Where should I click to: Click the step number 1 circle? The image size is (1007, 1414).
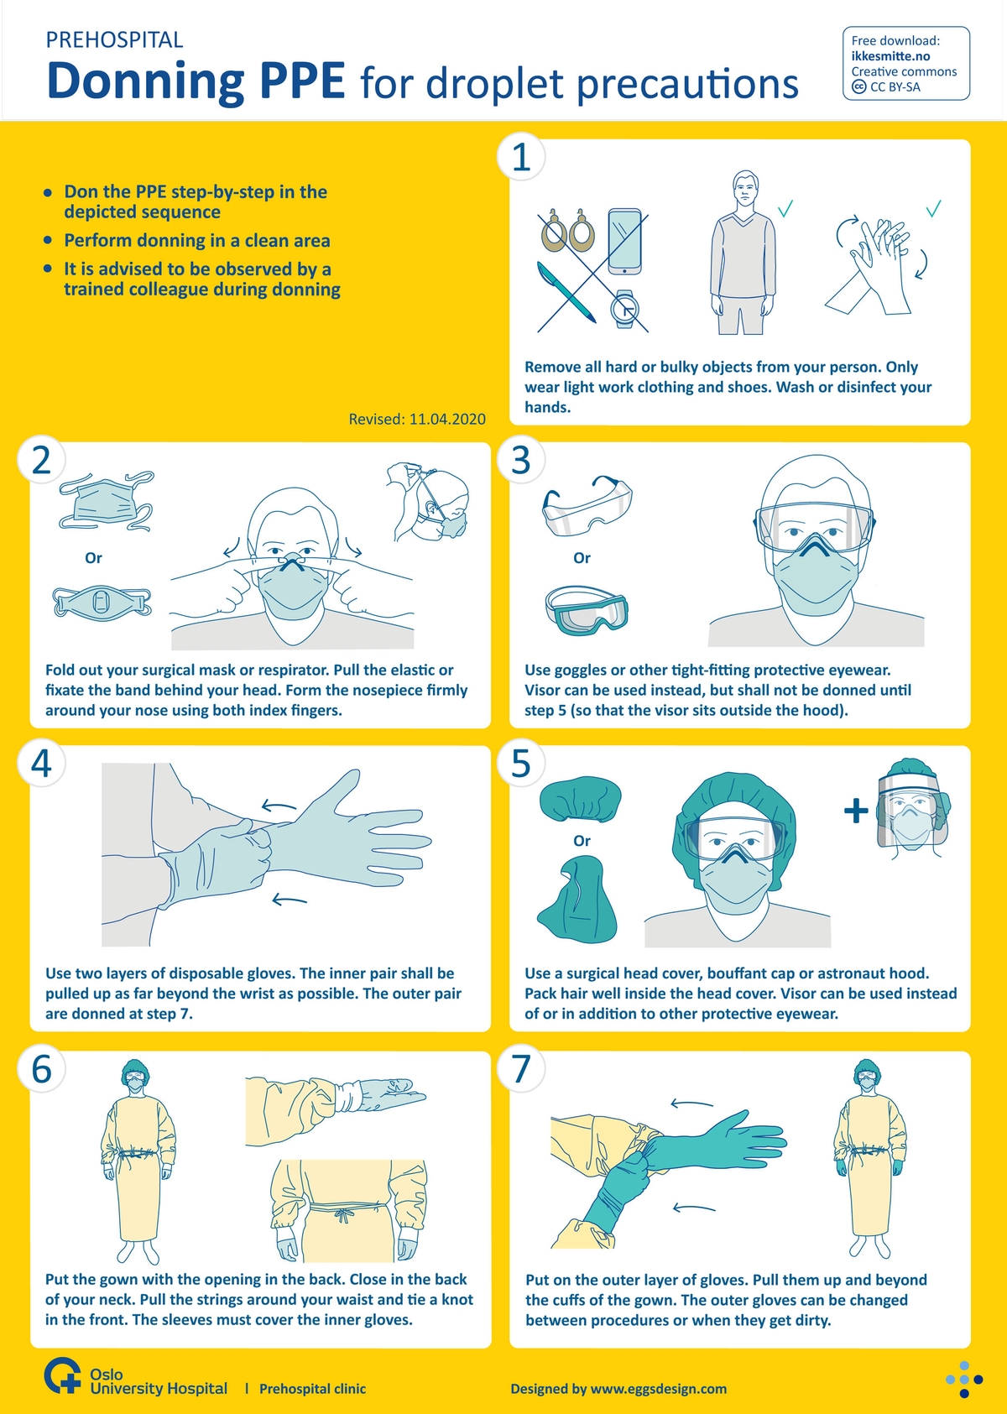tap(521, 157)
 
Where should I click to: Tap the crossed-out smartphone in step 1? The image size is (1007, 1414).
tap(624, 242)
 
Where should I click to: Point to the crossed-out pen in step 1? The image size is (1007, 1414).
tap(566, 292)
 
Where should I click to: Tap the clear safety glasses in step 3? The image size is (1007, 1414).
tap(587, 506)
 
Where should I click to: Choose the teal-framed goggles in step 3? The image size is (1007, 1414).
tap(587, 610)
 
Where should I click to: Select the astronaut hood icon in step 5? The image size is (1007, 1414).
tap(577, 900)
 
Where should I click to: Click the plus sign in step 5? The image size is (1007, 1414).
tap(855, 811)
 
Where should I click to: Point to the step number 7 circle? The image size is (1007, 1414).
tap(521, 1069)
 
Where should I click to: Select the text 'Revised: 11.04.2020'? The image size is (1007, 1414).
tap(417, 419)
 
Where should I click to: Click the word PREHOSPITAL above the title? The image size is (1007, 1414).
tap(114, 39)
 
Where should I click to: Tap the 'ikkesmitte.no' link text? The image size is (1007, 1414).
tap(890, 56)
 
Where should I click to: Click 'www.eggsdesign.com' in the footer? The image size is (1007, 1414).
tap(659, 1389)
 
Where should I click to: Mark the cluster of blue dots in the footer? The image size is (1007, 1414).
tap(964, 1380)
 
